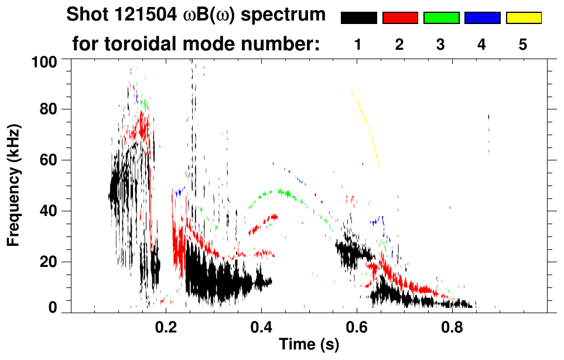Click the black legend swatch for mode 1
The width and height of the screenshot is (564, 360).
358,18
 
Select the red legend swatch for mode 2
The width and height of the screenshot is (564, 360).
400,18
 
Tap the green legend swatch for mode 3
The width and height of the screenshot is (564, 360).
441,18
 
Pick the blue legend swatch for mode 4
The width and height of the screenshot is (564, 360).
482,18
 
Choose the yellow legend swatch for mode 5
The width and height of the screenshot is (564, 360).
524,18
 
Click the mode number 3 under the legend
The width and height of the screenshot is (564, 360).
441,44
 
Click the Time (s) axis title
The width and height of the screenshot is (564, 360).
308,345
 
